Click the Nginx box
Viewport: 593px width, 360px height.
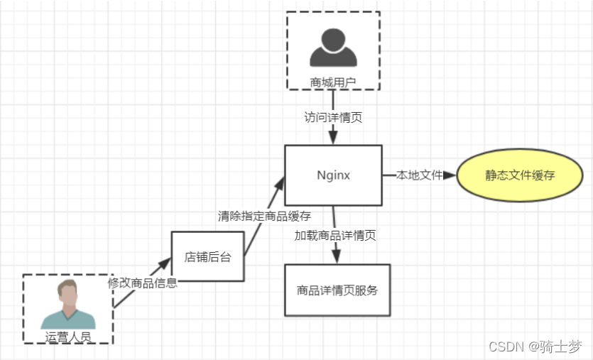(333, 175)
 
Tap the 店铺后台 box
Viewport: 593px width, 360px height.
(207, 257)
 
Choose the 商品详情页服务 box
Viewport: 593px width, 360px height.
(337, 290)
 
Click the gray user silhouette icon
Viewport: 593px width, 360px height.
(333, 47)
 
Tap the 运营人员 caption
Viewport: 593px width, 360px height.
(68, 337)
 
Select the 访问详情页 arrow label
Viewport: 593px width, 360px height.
(333, 118)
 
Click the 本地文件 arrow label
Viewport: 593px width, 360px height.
(419, 175)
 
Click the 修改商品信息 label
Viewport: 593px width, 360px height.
(142, 283)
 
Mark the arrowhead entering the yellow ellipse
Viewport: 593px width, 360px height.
(449, 175)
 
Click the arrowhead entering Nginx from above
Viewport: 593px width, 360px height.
(333, 139)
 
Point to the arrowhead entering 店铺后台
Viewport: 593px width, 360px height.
(165, 263)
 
